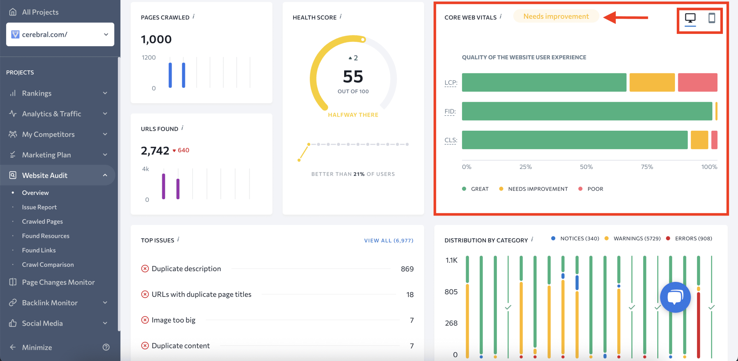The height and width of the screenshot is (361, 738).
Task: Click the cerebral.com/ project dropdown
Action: (x=60, y=34)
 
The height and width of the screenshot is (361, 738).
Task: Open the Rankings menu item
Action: (x=37, y=93)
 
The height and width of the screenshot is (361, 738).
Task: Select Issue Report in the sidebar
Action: (x=39, y=207)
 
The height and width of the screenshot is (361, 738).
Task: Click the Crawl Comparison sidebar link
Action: (x=48, y=265)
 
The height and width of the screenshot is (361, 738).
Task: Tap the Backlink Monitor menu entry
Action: (x=50, y=303)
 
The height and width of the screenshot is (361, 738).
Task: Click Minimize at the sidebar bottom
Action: (x=37, y=347)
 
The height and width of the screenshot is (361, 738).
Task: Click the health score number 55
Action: (x=353, y=77)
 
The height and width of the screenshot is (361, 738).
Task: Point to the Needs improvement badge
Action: (x=556, y=17)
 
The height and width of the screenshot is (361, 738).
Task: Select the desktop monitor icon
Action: (x=690, y=18)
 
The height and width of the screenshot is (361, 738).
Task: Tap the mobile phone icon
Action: (x=712, y=18)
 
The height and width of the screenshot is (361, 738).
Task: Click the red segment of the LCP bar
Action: (x=697, y=82)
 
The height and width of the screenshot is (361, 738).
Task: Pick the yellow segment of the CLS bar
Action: (x=699, y=140)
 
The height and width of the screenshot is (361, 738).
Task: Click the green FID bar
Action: (x=587, y=111)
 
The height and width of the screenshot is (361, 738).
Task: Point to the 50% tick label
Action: (x=586, y=167)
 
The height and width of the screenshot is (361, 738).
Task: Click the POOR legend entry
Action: (x=595, y=189)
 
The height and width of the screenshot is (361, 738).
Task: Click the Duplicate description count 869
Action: (x=407, y=269)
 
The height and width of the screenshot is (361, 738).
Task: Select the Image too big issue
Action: (x=173, y=320)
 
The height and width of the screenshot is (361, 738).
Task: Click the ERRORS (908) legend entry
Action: (x=693, y=239)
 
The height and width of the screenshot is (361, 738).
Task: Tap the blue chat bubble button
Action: (x=675, y=297)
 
